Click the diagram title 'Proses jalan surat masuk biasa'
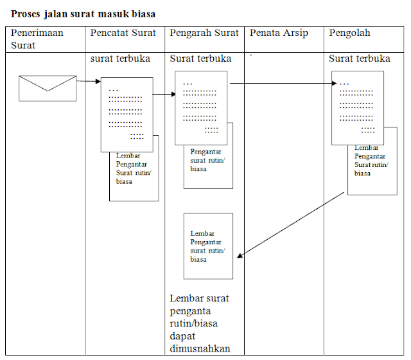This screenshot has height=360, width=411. click(83, 13)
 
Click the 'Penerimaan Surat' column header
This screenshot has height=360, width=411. click(37, 39)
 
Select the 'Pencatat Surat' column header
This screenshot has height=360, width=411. click(123, 33)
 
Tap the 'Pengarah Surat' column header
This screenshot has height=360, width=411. click(204, 33)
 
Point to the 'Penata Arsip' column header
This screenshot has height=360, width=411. click(279, 33)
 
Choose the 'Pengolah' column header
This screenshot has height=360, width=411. click(350, 33)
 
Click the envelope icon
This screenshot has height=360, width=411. click(48, 88)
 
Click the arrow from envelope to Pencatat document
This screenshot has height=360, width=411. click(89, 82)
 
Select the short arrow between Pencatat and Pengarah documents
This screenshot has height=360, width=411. click(164, 94)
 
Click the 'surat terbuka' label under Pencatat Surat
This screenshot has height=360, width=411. click(120, 59)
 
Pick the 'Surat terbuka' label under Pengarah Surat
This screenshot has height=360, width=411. click(200, 59)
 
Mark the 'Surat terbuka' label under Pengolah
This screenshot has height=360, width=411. click(360, 59)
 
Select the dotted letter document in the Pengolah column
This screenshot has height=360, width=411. click(357, 107)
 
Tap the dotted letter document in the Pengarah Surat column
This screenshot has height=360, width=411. click(201, 107)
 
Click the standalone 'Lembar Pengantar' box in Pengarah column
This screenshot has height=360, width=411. click(208, 246)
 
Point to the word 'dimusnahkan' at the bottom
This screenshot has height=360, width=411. click(200, 349)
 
